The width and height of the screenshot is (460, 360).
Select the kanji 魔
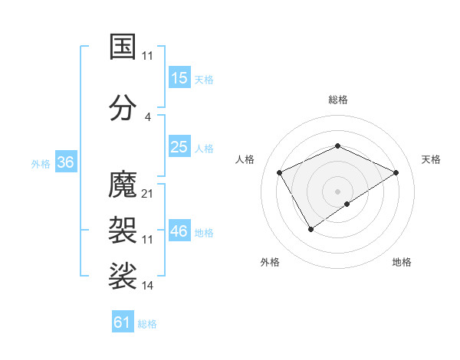click(x=123, y=185)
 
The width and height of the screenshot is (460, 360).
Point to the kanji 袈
click(x=123, y=228)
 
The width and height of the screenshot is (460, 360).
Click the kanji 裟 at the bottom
click(x=123, y=275)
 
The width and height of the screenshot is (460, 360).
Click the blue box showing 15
click(x=179, y=78)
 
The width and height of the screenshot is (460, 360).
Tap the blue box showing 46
click(x=179, y=231)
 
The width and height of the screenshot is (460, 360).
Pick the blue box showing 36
click(x=65, y=162)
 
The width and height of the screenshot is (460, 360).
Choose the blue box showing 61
click(x=123, y=322)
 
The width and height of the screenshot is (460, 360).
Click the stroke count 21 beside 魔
click(x=148, y=193)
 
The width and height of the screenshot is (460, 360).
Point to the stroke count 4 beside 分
click(x=148, y=116)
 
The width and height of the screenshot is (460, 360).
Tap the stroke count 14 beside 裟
click(x=148, y=286)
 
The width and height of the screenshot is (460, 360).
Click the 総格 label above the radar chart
click(x=337, y=100)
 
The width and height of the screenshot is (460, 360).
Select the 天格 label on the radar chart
click(x=431, y=159)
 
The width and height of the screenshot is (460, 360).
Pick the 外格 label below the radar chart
click(x=270, y=262)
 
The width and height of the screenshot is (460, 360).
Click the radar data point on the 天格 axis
click(x=396, y=172)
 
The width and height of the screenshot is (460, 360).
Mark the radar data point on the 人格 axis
click(x=280, y=172)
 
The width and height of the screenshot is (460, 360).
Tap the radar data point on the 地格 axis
click(x=347, y=204)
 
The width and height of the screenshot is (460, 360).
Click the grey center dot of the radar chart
click(x=337, y=191)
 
